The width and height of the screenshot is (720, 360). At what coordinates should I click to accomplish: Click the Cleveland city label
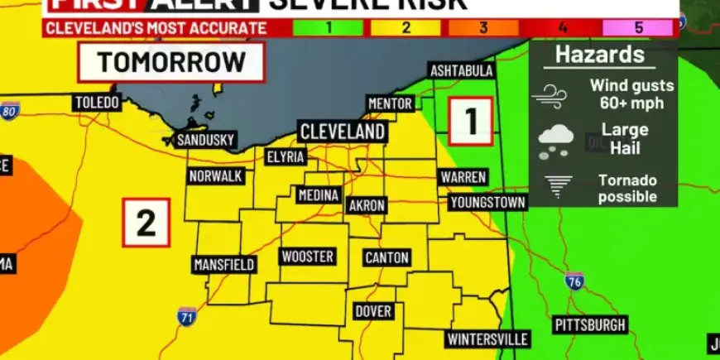(342, 132)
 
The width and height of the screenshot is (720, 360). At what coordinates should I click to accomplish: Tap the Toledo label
(98, 103)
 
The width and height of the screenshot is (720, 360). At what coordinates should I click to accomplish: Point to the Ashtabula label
(461, 71)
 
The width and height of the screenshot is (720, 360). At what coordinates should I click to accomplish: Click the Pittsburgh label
(589, 324)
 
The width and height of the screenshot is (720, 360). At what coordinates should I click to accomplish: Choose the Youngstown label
(487, 203)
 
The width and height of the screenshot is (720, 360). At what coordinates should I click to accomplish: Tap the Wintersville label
(487, 339)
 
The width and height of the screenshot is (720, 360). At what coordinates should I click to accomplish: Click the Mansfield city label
(223, 265)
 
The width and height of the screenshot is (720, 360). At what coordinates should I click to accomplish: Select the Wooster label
(307, 257)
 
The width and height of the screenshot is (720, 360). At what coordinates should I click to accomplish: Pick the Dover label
(372, 311)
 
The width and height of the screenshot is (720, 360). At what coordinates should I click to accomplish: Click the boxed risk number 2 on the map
(146, 223)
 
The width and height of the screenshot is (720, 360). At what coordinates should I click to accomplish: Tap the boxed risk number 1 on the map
(471, 121)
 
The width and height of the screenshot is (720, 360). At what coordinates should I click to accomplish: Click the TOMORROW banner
(171, 62)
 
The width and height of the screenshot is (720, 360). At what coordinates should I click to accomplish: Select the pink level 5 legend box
(638, 27)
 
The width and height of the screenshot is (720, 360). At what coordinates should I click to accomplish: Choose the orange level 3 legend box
(482, 27)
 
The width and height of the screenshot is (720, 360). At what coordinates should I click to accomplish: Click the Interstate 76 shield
(574, 281)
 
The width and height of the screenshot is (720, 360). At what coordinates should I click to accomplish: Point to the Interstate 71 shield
(186, 315)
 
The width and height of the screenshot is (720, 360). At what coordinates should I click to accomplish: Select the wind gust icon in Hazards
(550, 95)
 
